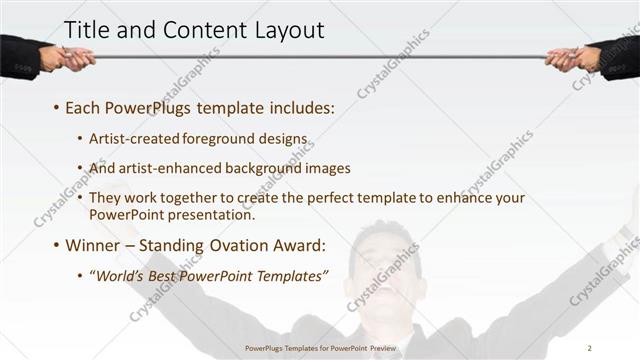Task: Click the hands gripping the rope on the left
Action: tap(68, 57)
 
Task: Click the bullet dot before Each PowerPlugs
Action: tap(57, 106)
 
